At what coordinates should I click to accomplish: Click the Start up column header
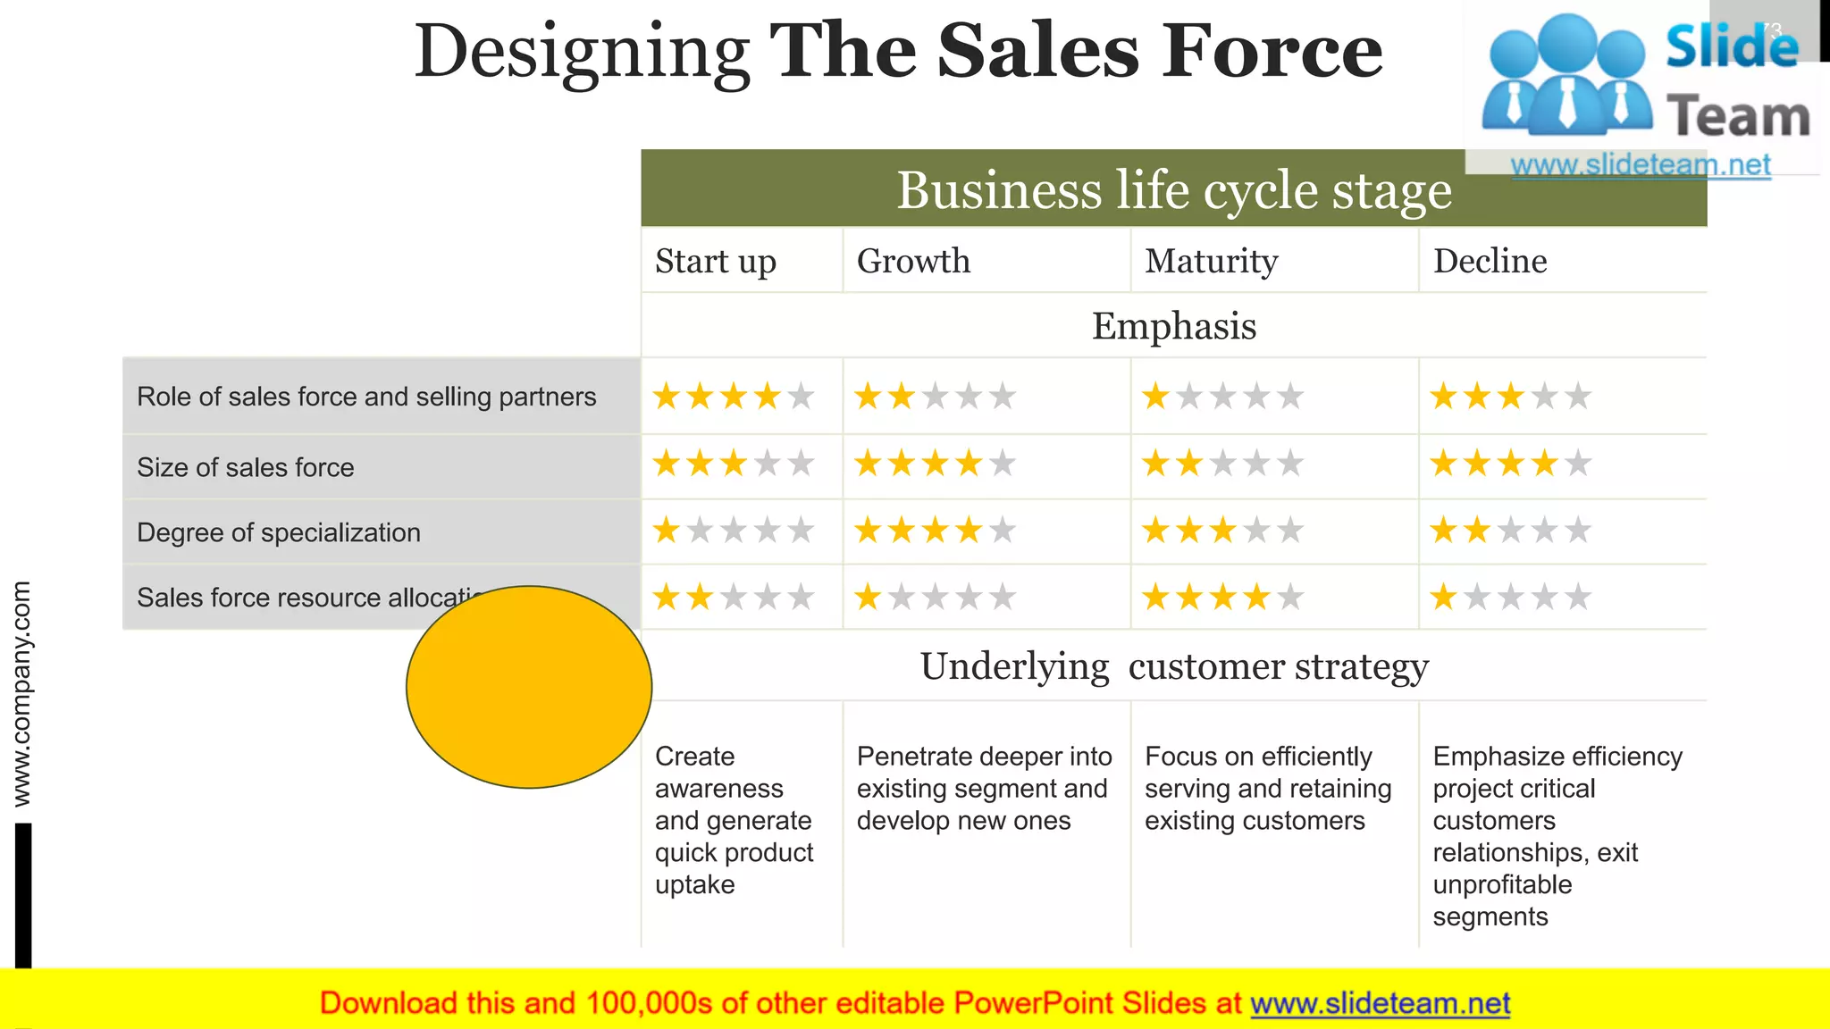click(716, 261)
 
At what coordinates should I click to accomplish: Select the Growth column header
click(913, 261)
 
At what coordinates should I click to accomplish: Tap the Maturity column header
click(1212, 261)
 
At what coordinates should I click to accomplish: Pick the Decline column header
click(1490, 261)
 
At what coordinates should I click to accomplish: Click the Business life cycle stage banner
click(1173, 189)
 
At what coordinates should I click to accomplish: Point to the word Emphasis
click(1173, 326)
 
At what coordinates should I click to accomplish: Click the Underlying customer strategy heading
click(1173, 666)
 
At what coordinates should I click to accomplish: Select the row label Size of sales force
click(246, 467)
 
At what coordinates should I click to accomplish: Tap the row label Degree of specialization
click(279, 532)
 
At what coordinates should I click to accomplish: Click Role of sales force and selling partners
click(366, 397)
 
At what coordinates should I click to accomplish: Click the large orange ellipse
click(529, 687)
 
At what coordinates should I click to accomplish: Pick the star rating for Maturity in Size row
click(1222, 464)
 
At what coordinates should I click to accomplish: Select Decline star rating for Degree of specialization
click(1510, 531)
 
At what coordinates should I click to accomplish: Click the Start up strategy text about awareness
click(734, 820)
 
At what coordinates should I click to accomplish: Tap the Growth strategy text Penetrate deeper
click(984, 788)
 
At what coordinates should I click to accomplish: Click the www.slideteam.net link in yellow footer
click(1380, 1003)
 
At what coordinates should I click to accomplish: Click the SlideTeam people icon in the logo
click(1566, 76)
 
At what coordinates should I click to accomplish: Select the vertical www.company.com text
click(21, 693)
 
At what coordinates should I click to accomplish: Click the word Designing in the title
click(582, 52)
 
